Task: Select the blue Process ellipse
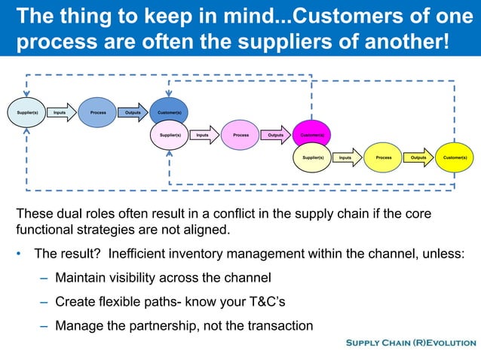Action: pyautogui.click(x=97, y=112)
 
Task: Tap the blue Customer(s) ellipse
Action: pyautogui.click(x=169, y=112)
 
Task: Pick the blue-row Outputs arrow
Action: pyautogui.click(x=133, y=112)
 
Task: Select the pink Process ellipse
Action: pyautogui.click(x=240, y=136)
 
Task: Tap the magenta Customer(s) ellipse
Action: pyautogui.click(x=311, y=136)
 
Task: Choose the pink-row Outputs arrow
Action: pyautogui.click(x=276, y=136)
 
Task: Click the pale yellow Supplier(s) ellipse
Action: pyautogui.click(x=312, y=158)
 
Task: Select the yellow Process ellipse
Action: pyautogui.click(x=383, y=158)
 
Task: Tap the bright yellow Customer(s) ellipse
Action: pyautogui.click(x=455, y=158)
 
